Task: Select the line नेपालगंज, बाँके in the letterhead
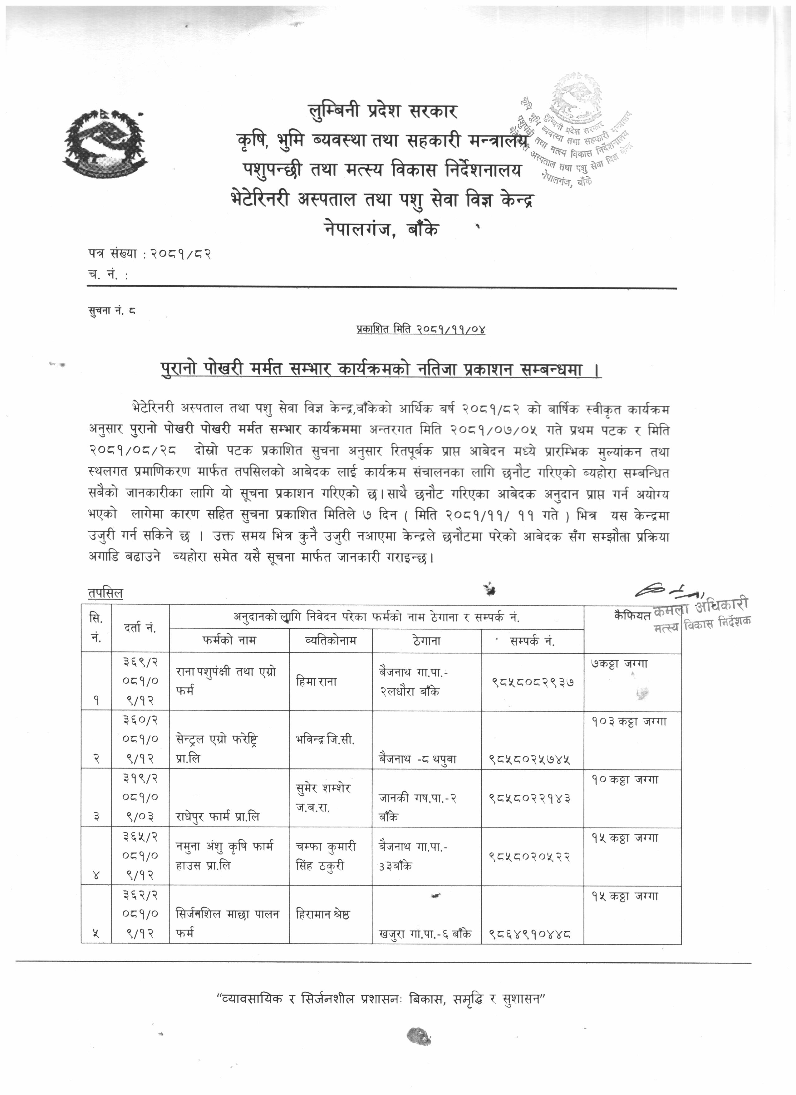381,230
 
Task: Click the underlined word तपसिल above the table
105,593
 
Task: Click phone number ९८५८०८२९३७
533,682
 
